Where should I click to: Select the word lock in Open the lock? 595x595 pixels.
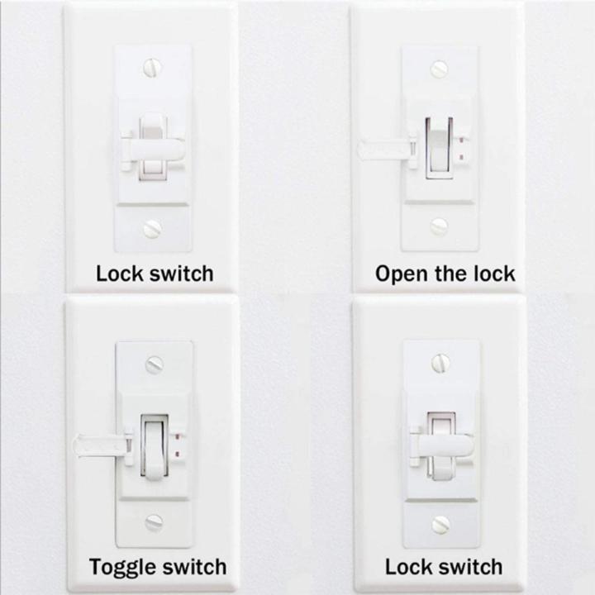[x=494, y=274]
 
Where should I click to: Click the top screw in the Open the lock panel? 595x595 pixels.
[x=440, y=69]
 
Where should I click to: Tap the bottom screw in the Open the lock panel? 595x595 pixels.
[x=439, y=226]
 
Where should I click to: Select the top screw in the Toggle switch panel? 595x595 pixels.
[x=154, y=364]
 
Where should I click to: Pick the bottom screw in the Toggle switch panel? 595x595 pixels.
[x=154, y=521]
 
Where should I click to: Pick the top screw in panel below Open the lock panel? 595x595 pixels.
[x=440, y=362]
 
